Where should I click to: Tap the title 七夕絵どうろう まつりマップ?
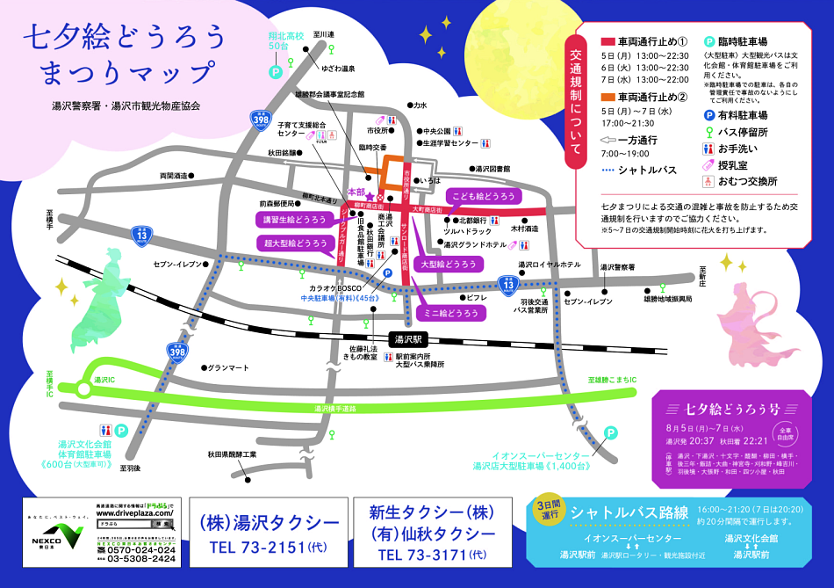coord(123,54)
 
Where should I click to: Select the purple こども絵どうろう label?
coord(482,196)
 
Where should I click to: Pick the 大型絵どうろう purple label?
coord(449,264)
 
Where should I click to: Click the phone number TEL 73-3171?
coord(431,555)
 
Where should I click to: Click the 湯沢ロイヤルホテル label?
coord(549,265)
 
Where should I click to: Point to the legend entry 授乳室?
coord(736,165)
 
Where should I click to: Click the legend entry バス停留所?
coord(742,132)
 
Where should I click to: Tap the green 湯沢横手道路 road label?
coord(337,409)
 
